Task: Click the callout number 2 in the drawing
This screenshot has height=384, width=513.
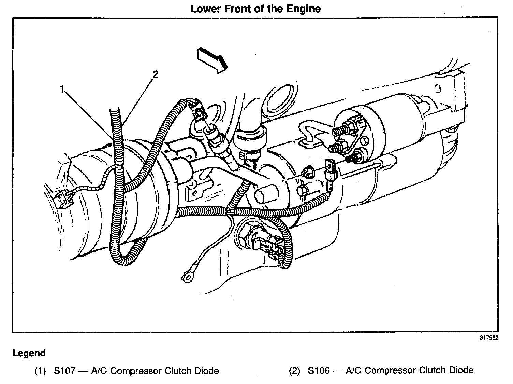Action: (x=155, y=74)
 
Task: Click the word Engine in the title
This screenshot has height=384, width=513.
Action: (x=304, y=9)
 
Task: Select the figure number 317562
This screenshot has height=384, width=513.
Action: (x=489, y=338)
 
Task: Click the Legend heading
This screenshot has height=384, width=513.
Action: (x=29, y=353)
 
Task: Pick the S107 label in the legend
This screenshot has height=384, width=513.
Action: (x=64, y=371)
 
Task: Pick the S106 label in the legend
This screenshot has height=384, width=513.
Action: (x=319, y=370)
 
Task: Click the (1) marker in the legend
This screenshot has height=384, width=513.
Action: (x=40, y=371)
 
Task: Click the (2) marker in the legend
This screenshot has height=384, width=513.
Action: (x=295, y=371)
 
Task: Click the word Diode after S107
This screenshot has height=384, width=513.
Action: (x=204, y=371)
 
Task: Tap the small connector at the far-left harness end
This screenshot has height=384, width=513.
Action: (x=64, y=200)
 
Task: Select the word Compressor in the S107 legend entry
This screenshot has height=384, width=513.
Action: (x=136, y=371)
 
